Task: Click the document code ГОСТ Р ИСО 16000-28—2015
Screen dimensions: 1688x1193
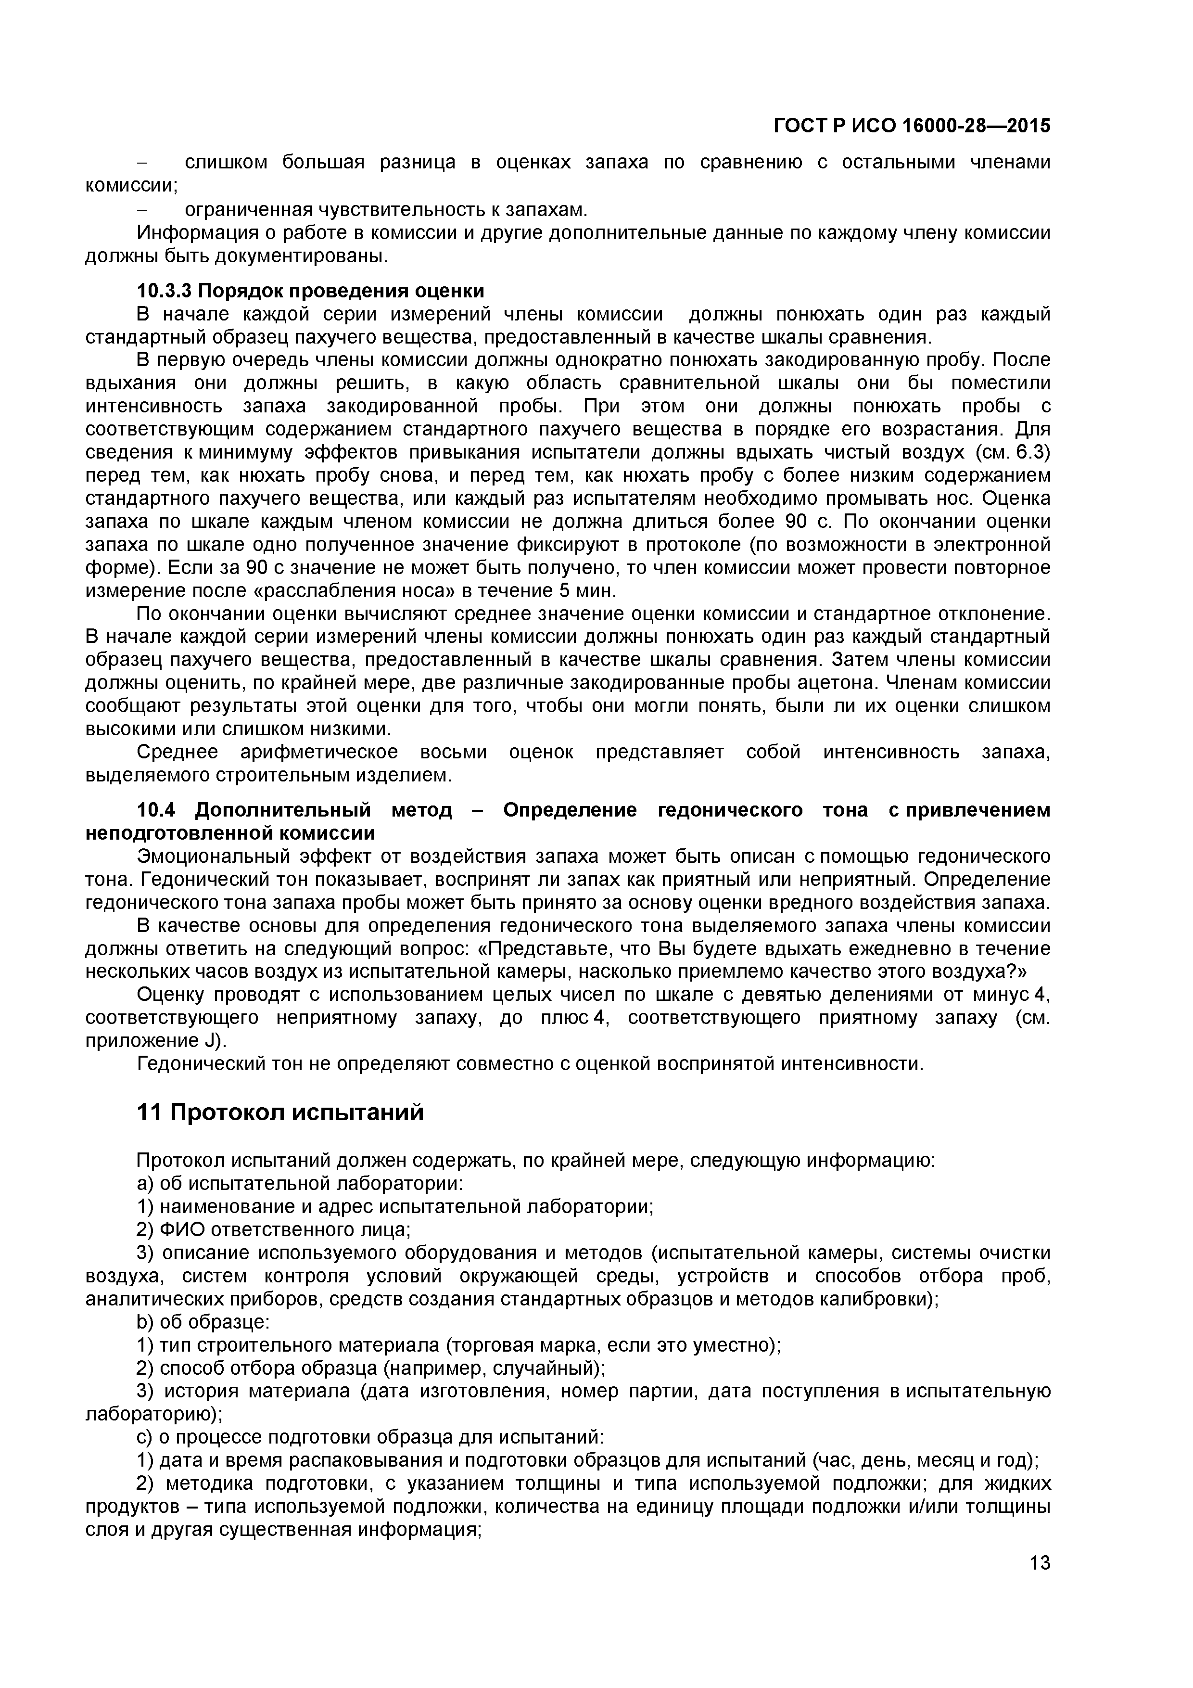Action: [x=912, y=127]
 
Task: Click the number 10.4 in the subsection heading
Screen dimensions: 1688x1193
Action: [x=156, y=810]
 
